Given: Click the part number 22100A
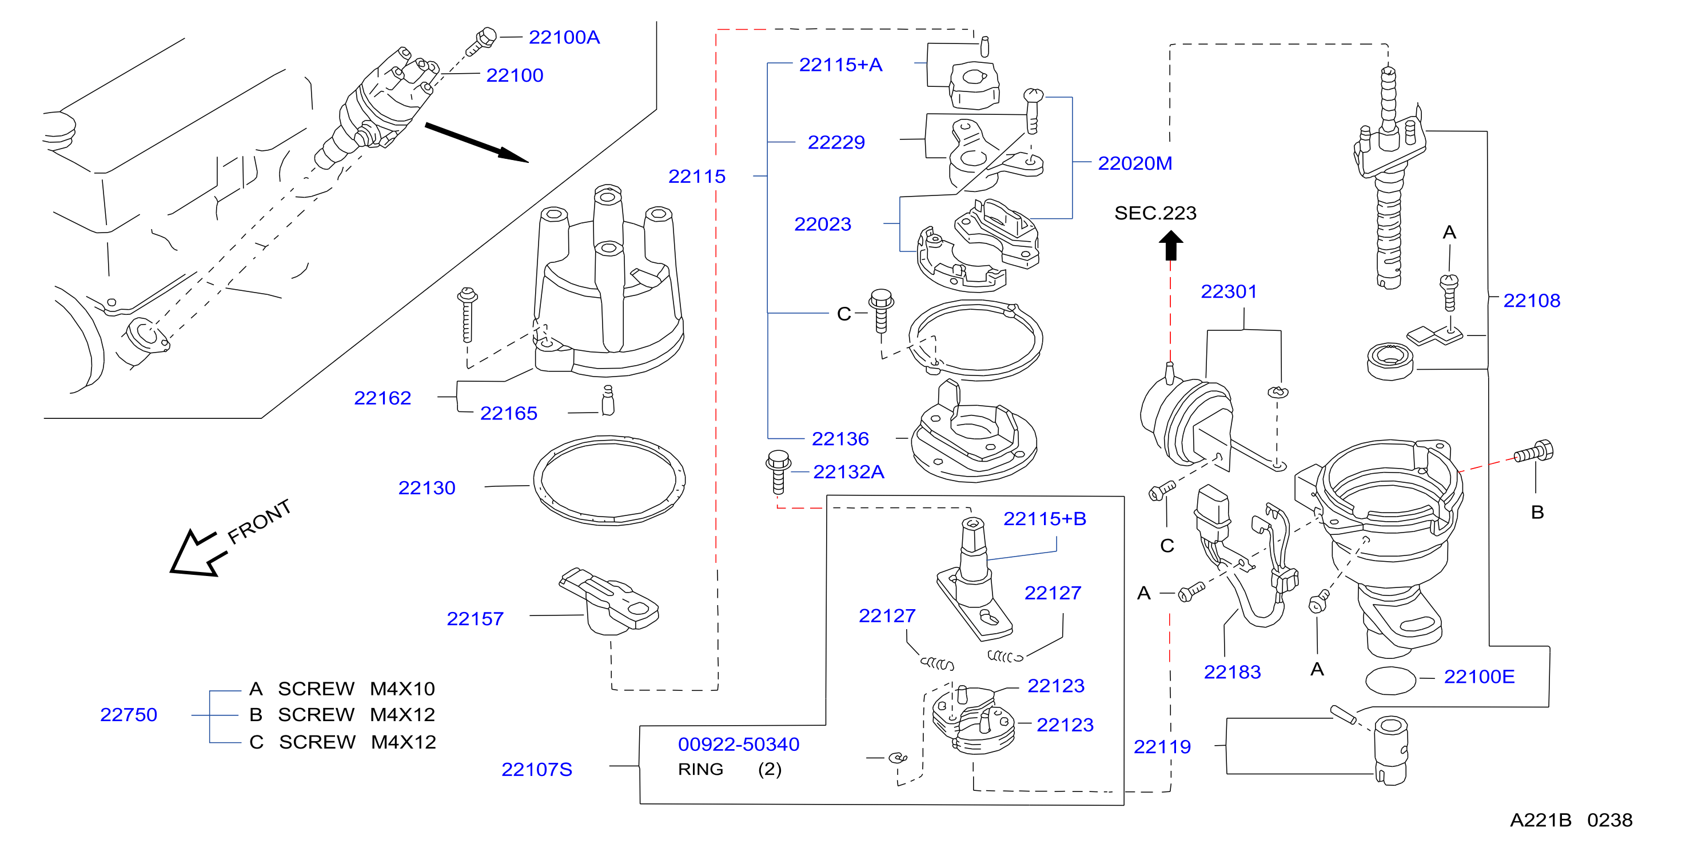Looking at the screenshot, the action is click(x=564, y=38).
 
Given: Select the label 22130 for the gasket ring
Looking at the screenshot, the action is click(x=427, y=488).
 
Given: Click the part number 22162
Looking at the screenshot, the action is click(x=382, y=398).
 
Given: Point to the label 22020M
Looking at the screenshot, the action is click(x=1134, y=163).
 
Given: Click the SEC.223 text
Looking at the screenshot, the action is click(x=1155, y=213).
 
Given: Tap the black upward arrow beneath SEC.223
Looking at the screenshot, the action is click(x=1171, y=245).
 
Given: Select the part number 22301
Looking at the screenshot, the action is click(x=1229, y=291).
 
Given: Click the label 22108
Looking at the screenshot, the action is click(x=1531, y=301).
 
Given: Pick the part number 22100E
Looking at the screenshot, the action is click(x=1479, y=677).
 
